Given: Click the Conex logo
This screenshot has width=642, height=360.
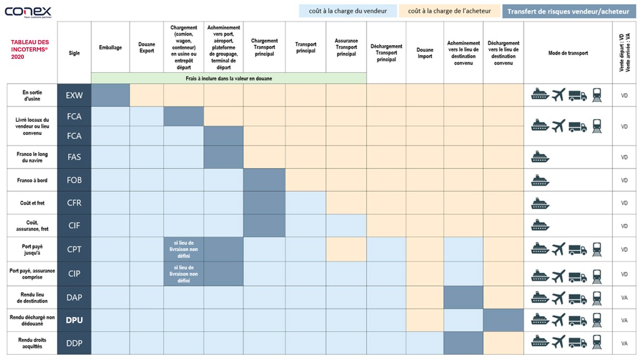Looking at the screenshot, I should point(29,11).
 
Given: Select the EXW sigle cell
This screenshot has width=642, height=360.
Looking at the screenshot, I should point(74,96).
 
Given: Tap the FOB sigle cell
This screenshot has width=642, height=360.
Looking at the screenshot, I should point(74,180).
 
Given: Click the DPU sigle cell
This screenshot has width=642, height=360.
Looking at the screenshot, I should point(74,320).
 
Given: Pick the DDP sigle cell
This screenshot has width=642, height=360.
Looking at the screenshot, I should point(74,343).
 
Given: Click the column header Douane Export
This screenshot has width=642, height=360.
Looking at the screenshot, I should point(147,48).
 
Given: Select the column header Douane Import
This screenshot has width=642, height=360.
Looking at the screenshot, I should point(425,53).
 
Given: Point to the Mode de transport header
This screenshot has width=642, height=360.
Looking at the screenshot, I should point(568,53).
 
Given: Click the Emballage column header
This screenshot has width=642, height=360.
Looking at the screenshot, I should point(110,48).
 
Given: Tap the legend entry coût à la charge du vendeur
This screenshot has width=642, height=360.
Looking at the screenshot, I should point(348,11).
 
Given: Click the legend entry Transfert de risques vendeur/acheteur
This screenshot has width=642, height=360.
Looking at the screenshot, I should point(568,11).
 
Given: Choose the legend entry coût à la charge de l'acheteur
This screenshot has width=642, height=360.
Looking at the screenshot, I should point(449,11).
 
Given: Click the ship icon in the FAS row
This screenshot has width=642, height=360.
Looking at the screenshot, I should point(540,157).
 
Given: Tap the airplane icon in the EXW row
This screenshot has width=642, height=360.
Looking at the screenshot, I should point(558,95).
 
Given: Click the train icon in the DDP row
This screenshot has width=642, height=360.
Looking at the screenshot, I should point(597,342).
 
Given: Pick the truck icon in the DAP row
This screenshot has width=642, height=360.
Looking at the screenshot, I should point(578,298).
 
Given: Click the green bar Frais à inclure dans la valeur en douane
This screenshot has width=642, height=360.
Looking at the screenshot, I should point(228,78).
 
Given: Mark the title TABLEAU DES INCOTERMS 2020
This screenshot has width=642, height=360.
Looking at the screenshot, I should point(30,49).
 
